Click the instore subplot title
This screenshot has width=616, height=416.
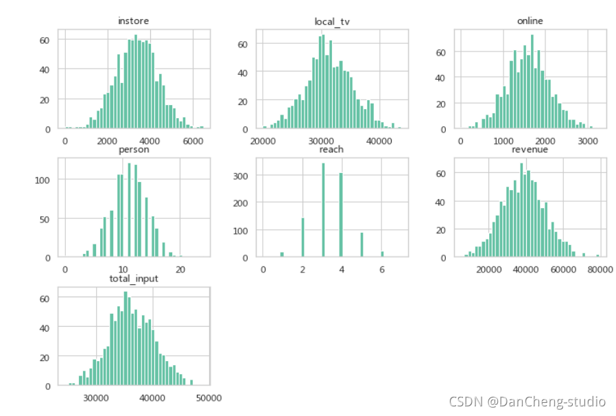click(134, 21)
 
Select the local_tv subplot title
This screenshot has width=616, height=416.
click(332, 22)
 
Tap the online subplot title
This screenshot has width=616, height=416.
click(530, 21)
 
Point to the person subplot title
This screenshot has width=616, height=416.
click(134, 150)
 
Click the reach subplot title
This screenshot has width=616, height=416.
click(331, 150)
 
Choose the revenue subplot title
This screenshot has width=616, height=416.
click(530, 150)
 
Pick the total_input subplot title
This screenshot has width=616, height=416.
click(134, 279)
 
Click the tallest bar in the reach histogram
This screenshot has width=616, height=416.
click(323, 210)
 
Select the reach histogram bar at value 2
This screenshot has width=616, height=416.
click(303, 238)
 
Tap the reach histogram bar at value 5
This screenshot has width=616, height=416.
click(362, 244)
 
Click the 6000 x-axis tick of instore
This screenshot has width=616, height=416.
click(193, 141)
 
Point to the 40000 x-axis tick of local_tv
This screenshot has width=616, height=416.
click(379, 141)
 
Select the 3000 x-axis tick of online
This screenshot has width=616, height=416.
click(588, 141)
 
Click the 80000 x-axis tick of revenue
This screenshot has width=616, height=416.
click(600, 270)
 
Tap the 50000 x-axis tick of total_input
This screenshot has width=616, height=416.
click(209, 398)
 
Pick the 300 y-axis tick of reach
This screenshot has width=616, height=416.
click(240, 176)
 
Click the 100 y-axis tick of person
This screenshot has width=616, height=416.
click(43, 181)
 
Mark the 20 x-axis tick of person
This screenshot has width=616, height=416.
click(180, 270)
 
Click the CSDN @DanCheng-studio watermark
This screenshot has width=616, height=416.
click(528, 402)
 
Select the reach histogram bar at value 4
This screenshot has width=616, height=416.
click(341, 215)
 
